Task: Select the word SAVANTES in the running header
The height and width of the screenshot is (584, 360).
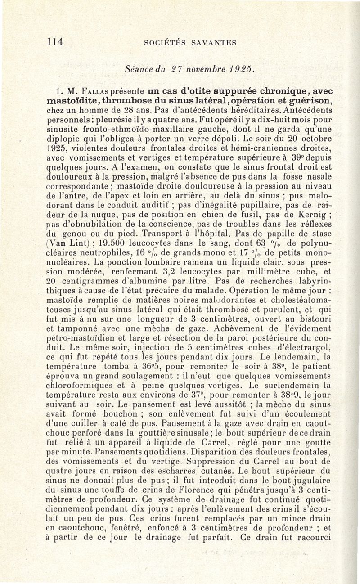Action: click(x=215, y=43)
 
